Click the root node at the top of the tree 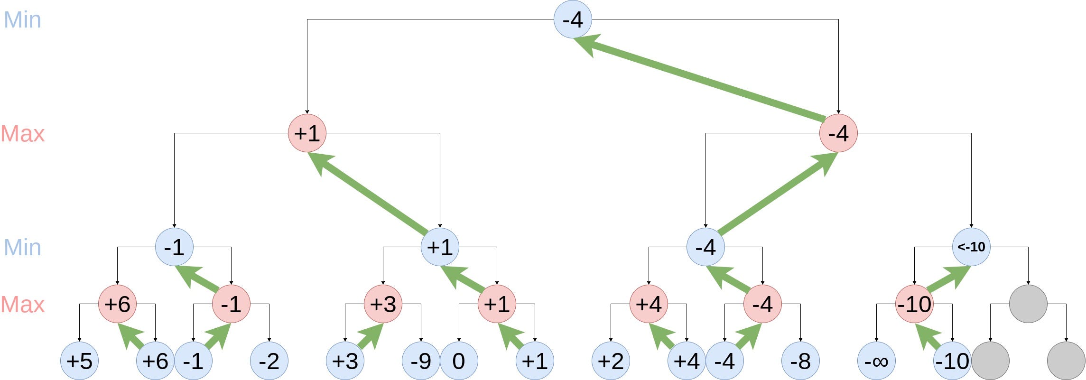(573, 19)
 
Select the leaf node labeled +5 (79, 361)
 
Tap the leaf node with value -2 (269, 361)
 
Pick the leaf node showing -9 (421, 361)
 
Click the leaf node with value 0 (459, 361)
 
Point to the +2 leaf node (611, 361)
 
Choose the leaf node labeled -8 (800, 361)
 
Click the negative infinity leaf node (876, 361)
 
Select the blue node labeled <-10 (971, 247)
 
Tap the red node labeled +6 (117, 304)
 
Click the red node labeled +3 (383, 304)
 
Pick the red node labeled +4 (649, 304)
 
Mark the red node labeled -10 (914, 304)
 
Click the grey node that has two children (1028, 304)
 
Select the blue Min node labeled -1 (174, 247)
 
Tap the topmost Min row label (22, 20)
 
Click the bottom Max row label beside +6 (22, 305)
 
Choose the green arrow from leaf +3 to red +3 (370, 336)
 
